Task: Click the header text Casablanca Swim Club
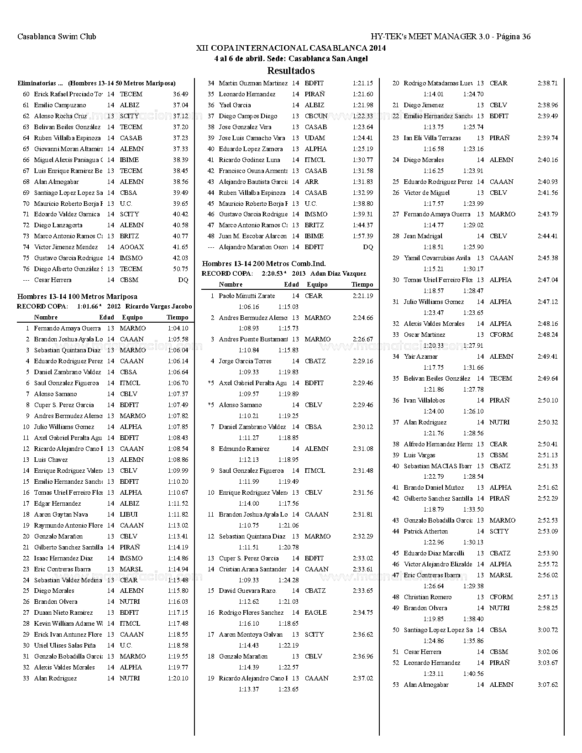[x=57, y=37]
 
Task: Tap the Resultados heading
[x=291, y=71]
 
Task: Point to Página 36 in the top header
[x=513, y=37]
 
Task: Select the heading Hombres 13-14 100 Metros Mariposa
[x=77, y=297]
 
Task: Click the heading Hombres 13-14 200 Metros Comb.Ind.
[x=264, y=264]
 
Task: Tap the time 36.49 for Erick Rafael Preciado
[x=180, y=94]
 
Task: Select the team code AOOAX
[x=131, y=247]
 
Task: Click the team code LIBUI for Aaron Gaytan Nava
[x=128, y=514]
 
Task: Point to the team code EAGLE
[x=315, y=612]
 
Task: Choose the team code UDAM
[x=315, y=138]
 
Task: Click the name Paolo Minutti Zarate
[x=246, y=296]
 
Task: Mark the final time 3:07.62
[x=548, y=685]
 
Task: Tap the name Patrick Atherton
[x=425, y=531]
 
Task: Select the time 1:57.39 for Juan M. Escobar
[x=362, y=236]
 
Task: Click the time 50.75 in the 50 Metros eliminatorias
[x=180, y=269]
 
